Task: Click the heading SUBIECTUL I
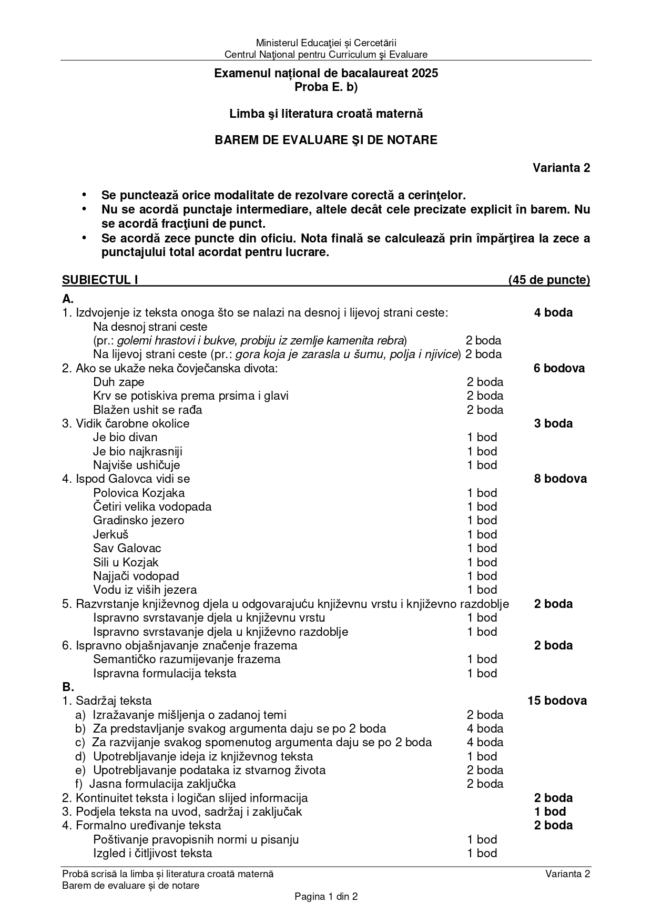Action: click(100, 280)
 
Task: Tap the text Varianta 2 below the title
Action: click(561, 168)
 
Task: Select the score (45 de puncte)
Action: click(549, 280)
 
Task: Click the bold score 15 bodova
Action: click(557, 701)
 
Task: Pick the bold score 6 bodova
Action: click(559, 368)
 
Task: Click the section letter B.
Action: click(68, 687)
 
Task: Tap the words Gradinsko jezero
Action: click(138, 520)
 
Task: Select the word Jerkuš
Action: click(111, 534)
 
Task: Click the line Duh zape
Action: click(118, 382)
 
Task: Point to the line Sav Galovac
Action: click(127, 548)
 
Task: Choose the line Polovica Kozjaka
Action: click(139, 493)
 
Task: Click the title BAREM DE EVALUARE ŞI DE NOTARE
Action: click(326, 140)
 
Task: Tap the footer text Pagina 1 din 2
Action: click(326, 897)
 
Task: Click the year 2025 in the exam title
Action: click(425, 74)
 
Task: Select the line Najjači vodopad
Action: click(136, 576)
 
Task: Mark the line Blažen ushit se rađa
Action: click(147, 410)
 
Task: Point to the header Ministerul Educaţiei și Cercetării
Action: click(326, 43)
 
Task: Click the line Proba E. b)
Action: click(326, 87)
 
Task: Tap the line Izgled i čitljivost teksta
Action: click(152, 853)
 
